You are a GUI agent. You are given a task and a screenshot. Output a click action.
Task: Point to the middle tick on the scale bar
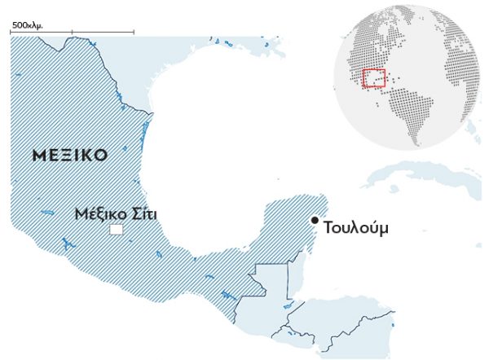[x=72, y=33]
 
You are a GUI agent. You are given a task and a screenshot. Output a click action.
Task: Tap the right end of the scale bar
[x=134, y=33]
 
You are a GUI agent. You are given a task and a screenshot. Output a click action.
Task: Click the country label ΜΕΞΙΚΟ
[x=69, y=155]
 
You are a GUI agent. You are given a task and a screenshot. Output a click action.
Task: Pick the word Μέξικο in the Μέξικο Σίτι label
[x=99, y=215]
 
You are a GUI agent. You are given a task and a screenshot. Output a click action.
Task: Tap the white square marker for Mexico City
[x=116, y=230]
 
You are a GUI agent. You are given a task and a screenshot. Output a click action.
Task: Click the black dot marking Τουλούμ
[x=315, y=220]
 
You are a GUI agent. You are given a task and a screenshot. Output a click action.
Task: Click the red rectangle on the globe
[x=374, y=78]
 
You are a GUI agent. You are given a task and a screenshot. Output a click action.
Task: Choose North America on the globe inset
[x=367, y=49]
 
